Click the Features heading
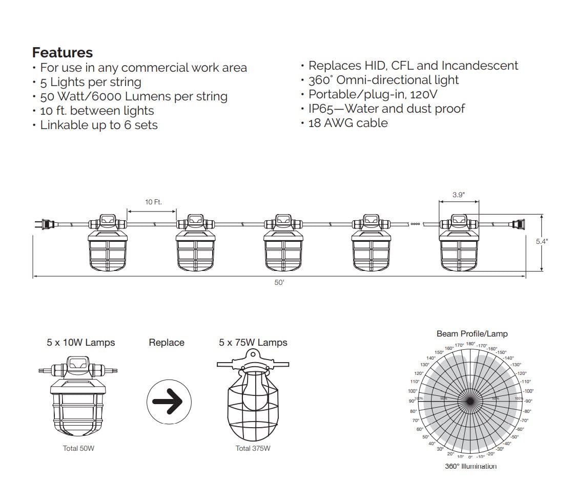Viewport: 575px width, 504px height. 63,53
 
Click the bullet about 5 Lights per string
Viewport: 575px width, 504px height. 90,82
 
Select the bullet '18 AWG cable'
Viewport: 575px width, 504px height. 347,123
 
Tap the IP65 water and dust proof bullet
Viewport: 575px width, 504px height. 386,109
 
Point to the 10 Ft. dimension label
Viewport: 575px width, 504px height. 153,202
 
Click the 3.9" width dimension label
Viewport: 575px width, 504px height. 459,195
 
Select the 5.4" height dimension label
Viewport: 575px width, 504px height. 542,241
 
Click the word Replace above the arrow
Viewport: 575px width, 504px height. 167,343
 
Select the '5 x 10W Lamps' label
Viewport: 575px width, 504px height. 81,343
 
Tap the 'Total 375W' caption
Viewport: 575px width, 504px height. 253,449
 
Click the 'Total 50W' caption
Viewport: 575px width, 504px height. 78,449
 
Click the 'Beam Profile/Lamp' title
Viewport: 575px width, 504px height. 472,334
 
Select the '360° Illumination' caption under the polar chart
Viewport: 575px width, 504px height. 470,467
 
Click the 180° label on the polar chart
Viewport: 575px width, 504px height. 471,344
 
